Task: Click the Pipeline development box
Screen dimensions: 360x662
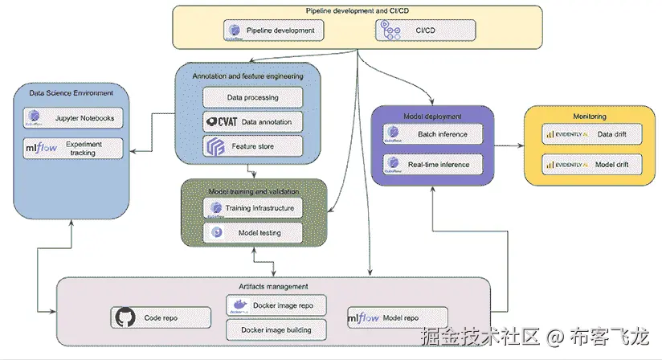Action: coord(274,31)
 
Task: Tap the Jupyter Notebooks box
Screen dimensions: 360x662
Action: coord(74,119)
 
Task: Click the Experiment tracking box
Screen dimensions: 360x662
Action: coord(74,148)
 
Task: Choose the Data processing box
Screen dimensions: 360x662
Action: coord(252,97)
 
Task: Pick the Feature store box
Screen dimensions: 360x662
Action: coord(252,146)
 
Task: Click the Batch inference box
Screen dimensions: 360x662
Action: coord(431,134)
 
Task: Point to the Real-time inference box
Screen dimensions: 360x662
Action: coord(431,165)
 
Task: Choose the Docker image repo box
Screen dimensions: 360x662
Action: coord(276,306)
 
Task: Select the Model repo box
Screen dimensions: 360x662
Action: coord(396,317)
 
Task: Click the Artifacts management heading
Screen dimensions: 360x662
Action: coord(272,286)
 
